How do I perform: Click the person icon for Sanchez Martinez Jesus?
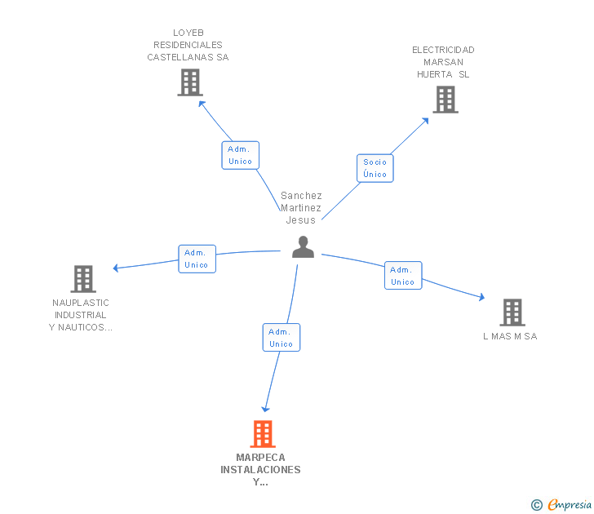(303, 247)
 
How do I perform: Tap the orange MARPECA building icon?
(263, 434)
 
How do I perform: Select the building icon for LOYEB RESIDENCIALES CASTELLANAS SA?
(190, 82)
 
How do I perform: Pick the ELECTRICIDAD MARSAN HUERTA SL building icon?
(445, 100)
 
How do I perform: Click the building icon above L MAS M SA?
(512, 312)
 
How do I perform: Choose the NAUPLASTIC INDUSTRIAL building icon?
(83, 279)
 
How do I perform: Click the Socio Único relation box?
(375, 168)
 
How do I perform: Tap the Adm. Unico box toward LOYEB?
(240, 155)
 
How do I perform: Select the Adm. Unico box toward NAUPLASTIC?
(197, 259)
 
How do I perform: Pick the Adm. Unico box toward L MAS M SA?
(403, 276)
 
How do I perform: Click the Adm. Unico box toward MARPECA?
(281, 338)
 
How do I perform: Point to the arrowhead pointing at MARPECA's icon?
(265, 409)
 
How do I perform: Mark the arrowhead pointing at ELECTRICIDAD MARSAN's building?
(425, 121)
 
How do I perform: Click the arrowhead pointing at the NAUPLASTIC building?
(117, 268)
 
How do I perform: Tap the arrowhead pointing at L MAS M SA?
(481, 297)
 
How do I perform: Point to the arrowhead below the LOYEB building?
(202, 104)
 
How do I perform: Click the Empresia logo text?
(570, 504)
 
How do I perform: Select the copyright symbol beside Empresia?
(536, 505)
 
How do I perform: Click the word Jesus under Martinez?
(301, 220)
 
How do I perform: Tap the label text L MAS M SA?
(510, 336)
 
